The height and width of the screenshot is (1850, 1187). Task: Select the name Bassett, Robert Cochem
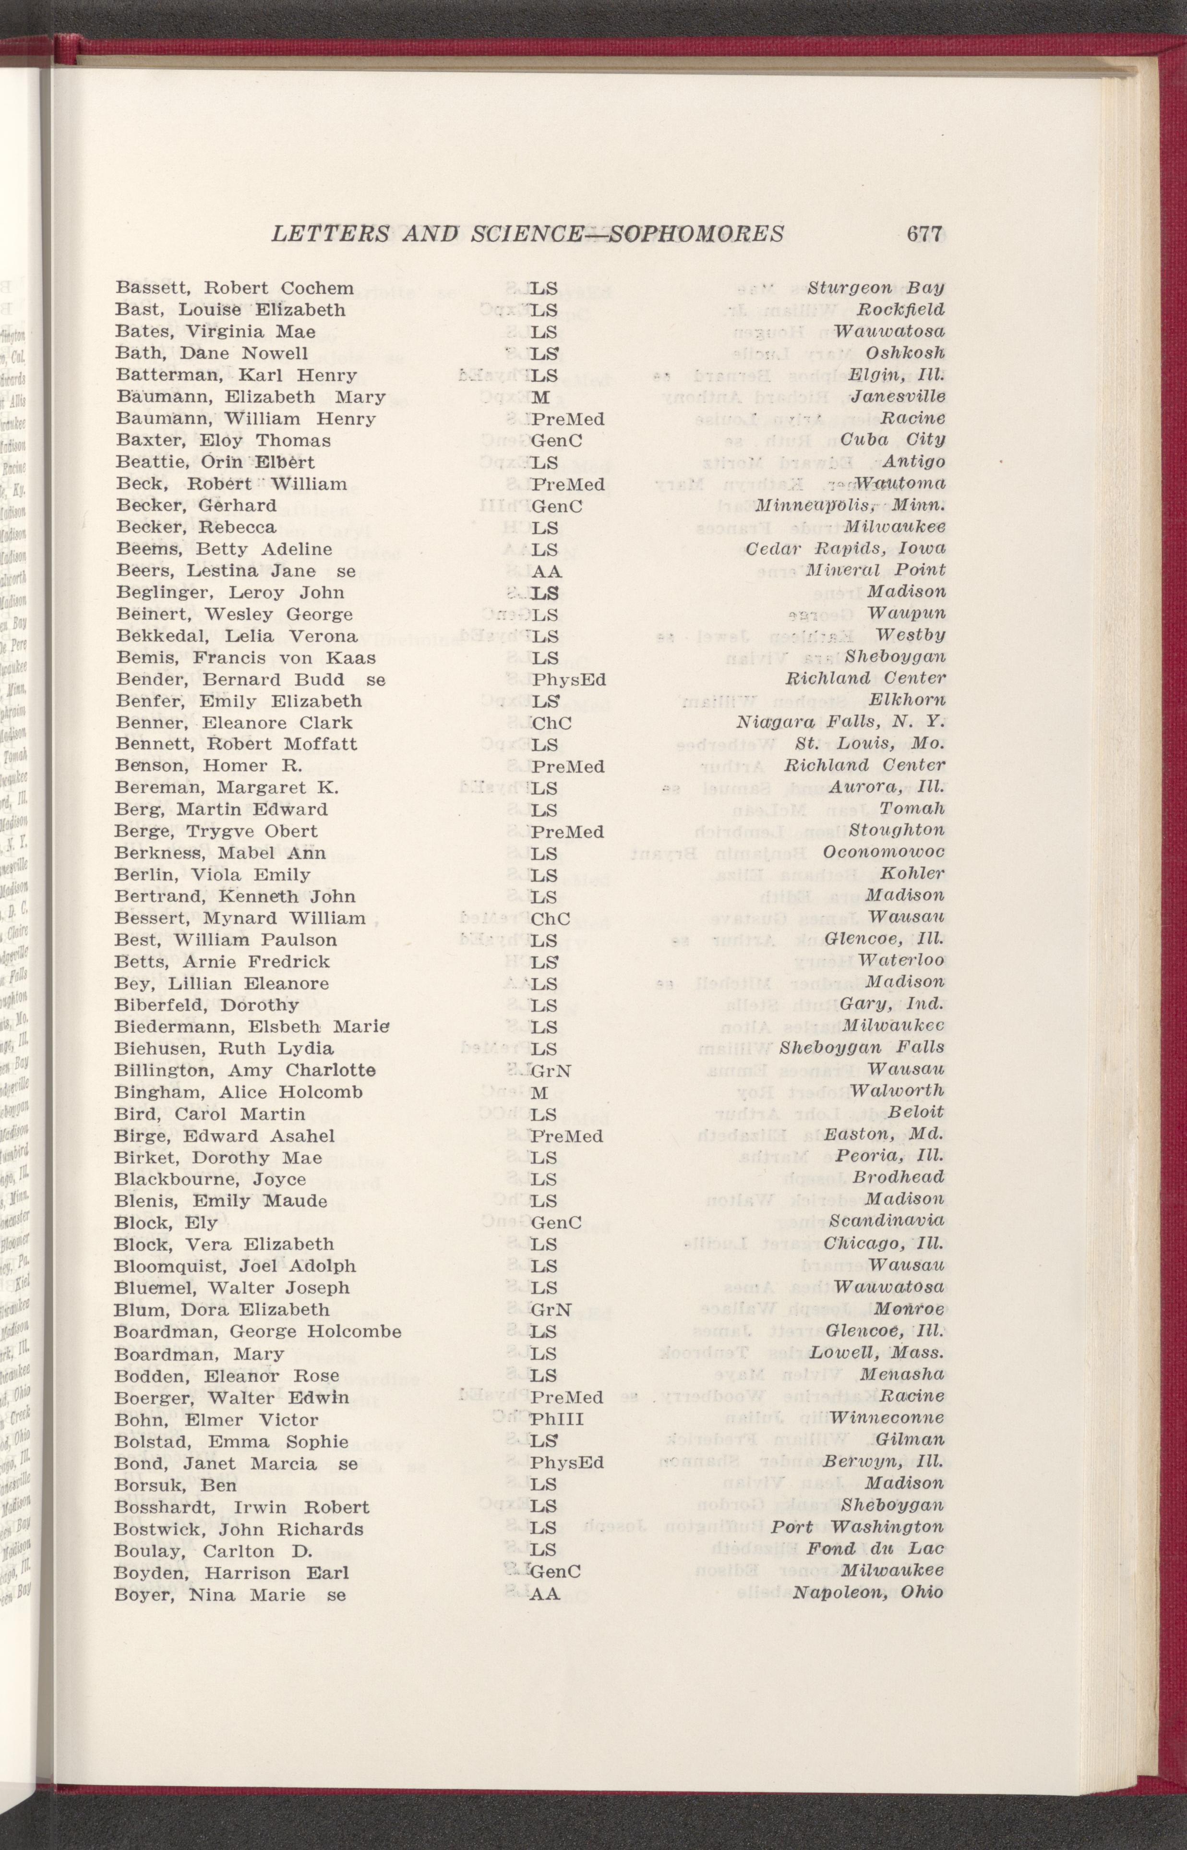click(x=234, y=288)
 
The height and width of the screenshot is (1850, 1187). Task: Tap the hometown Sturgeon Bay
click(x=875, y=288)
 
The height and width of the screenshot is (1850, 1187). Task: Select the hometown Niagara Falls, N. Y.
click(x=840, y=723)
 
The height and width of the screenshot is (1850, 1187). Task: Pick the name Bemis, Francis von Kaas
click(x=245, y=657)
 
